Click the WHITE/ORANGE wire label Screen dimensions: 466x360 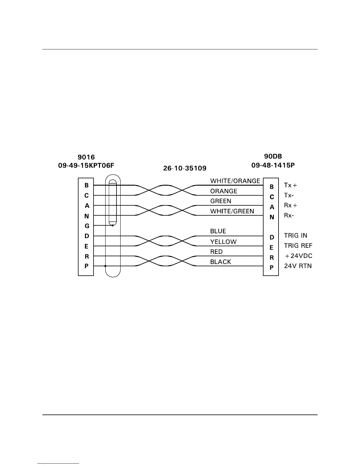pos(235,181)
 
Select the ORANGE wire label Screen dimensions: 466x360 pos(224,191)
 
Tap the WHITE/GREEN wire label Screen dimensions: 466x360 pos(232,211)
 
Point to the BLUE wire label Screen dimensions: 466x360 pos(218,231)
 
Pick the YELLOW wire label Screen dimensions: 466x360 pos(223,242)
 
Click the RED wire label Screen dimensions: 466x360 pos(216,252)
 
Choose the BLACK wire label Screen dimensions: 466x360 pos(221,262)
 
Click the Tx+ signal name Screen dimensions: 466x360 pos(291,185)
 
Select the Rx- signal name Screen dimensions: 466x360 pos(289,216)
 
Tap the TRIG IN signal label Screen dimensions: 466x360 pos(296,236)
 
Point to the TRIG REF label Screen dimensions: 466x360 pos(298,246)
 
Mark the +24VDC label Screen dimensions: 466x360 pos(299,256)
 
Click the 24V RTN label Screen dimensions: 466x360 pos(298,266)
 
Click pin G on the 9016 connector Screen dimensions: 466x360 pos(87,226)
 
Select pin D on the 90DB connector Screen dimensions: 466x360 pos(272,237)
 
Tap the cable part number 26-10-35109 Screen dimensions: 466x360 pos(185,169)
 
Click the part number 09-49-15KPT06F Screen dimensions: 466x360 pos(86,166)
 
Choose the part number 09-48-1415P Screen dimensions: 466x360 pos(273,165)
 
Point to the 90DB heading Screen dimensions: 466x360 pos(273,157)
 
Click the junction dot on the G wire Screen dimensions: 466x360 pos(113,226)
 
